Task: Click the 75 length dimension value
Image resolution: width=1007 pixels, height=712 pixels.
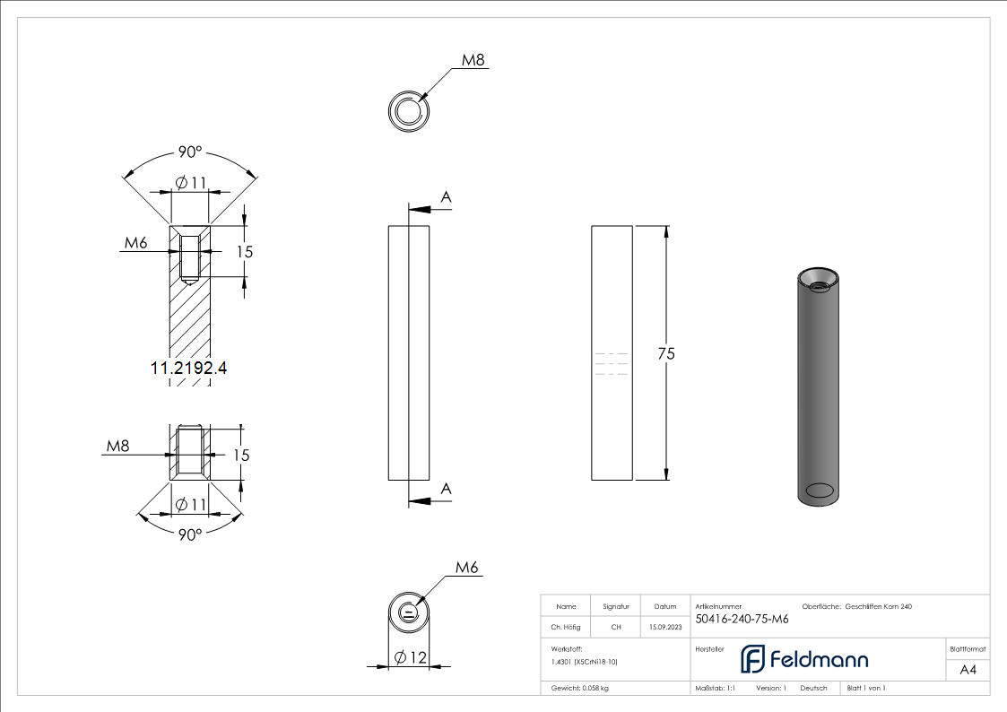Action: [x=665, y=353]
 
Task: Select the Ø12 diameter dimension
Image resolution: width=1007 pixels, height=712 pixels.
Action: [x=410, y=657]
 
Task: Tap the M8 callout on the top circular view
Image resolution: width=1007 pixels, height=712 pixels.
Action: [x=473, y=60]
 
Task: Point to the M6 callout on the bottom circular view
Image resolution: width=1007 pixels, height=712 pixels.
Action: [x=467, y=567]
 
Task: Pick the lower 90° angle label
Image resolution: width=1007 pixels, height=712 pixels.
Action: [x=189, y=534]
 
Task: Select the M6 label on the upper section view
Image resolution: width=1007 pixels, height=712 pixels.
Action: [x=135, y=243]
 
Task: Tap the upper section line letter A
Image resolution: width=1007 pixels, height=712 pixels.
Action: [x=445, y=196]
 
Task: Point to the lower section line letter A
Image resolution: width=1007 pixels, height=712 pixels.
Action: [x=445, y=488]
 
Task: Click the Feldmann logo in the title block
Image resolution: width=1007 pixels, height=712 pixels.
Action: [x=804, y=659]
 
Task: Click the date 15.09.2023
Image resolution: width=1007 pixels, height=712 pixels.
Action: [x=664, y=628]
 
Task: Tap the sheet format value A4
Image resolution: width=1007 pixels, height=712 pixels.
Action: [x=968, y=670]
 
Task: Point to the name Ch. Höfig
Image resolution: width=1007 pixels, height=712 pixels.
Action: [x=565, y=628]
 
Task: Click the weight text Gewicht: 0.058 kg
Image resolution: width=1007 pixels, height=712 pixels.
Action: [x=579, y=688]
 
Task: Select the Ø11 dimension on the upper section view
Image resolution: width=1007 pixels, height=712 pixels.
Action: [x=191, y=183]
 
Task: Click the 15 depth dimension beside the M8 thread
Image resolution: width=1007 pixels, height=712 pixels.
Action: [x=240, y=455]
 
